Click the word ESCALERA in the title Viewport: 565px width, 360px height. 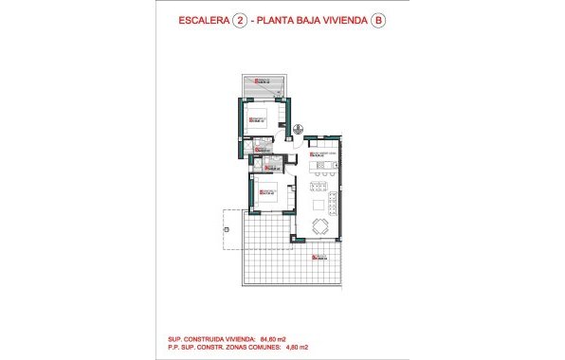click(x=202, y=23)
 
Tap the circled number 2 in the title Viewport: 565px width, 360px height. click(x=239, y=23)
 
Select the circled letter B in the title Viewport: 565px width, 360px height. click(x=379, y=23)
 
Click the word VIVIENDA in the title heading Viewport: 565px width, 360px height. click(x=341, y=23)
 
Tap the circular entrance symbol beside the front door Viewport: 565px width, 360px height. click(x=298, y=130)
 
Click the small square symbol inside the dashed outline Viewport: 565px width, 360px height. click(x=226, y=228)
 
